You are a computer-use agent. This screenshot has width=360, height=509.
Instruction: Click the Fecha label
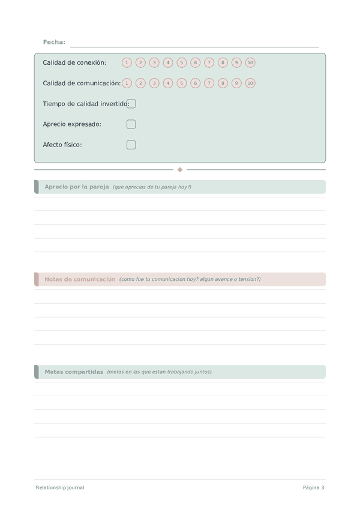point(54,42)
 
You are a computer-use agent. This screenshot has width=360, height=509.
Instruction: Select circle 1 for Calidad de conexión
point(127,62)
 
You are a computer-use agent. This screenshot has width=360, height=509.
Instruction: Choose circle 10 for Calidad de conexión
point(250,62)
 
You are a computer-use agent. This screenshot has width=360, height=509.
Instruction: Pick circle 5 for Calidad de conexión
point(182,62)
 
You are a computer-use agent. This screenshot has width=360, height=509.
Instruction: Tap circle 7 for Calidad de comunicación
point(209,83)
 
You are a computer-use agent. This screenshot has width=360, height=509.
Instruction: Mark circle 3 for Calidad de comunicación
point(154,83)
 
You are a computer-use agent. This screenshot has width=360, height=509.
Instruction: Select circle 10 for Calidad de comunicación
point(250,83)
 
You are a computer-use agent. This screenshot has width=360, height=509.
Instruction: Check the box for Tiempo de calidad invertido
point(131,104)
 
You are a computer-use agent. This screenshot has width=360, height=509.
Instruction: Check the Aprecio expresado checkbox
point(131,124)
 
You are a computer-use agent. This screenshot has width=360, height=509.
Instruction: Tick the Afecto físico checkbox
point(131,145)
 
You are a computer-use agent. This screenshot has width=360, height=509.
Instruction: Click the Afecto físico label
point(62,145)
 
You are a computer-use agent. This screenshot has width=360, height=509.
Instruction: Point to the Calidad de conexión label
point(74,62)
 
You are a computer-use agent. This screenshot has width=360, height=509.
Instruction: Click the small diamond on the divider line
point(180,170)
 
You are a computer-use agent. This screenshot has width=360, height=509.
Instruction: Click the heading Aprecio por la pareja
point(77,187)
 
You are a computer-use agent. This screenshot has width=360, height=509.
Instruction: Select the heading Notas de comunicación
point(80,279)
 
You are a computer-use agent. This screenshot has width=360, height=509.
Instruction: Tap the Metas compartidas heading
point(74,372)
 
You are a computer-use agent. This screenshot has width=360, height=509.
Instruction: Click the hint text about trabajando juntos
point(159,372)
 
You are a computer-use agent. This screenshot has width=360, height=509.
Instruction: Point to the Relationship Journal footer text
point(60,487)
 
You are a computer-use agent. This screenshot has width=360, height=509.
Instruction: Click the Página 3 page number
point(313,487)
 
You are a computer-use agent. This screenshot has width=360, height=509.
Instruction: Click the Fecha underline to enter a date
point(194,45)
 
